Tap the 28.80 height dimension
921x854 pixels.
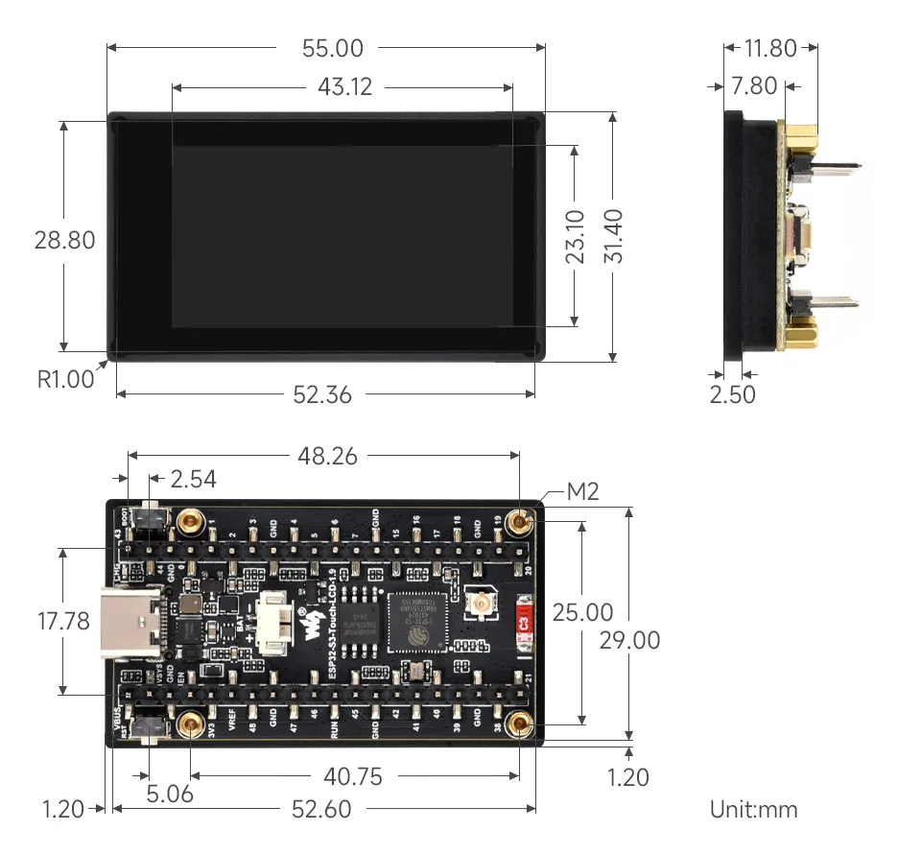[65, 239]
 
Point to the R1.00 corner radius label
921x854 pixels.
[66, 379]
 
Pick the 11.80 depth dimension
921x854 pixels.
[769, 48]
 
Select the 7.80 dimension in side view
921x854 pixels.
[753, 86]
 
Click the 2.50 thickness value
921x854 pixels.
[732, 394]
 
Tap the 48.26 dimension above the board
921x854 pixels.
[327, 456]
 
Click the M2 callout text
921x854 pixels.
[582, 492]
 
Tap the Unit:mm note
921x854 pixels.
[753, 809]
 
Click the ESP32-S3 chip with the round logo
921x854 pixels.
[417, 621]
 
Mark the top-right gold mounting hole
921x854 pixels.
[521, 522]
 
